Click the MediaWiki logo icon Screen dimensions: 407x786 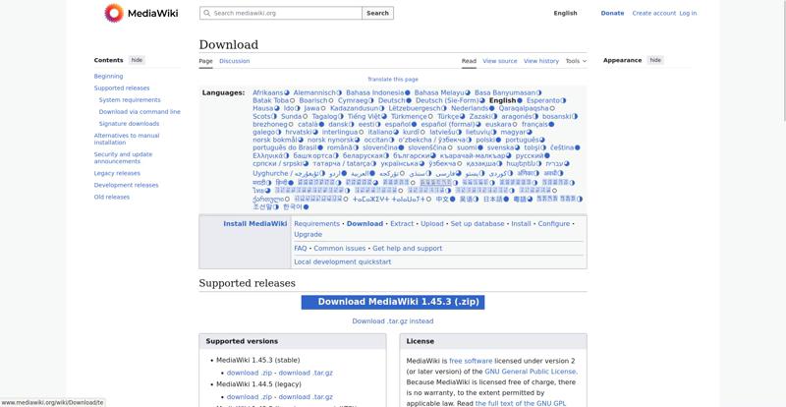[x=113, y=13]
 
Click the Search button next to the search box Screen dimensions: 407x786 [x=377, y=14]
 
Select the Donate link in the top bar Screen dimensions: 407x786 [x=612, y=14]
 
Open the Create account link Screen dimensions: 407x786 [x=653, y=14]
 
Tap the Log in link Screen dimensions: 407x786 [x=688, y=14]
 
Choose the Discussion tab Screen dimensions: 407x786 [x=234, y=61]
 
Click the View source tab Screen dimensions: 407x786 [x=500, y=61]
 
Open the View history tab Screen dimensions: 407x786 [x=540, y=61]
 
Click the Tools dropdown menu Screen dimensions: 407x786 [x=576, y=61]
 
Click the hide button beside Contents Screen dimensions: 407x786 [x=137, y=60]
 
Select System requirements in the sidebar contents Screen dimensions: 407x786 [x=130, y=100]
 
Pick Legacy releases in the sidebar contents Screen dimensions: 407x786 [x=117, y=173]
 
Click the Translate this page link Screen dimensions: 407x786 [x=392, y=79]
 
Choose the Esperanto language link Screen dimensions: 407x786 [x=542, y=100]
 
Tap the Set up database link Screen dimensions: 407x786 [x=477, y=224]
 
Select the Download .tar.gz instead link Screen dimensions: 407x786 [x=393, y=321]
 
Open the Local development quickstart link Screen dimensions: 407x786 [x=342, y=262]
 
